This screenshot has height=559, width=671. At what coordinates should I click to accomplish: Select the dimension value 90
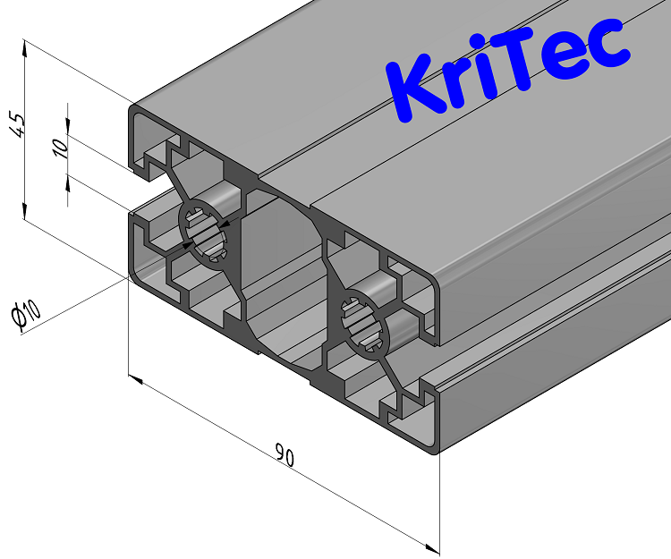click(x=285, y=457)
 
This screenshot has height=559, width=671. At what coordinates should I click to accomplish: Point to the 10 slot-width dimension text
click(x=60, y=148)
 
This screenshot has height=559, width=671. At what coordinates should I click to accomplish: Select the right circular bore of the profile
click(x=371, y=322)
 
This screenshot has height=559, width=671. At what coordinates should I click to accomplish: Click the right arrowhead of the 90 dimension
click(x=433, y=546)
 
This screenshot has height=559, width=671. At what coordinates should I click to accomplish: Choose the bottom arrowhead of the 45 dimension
click(x=23, y=212)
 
